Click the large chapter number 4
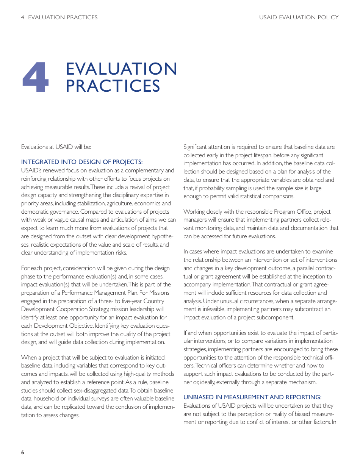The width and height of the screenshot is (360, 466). click(x=36, y=78)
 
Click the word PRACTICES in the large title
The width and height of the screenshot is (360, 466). click(x=113, y=86)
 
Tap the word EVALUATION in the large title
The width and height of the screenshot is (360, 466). click(x=121, y=69)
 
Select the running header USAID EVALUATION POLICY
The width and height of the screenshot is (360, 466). click(x=299, y=17)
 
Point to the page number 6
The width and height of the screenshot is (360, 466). click(x=23, y=452)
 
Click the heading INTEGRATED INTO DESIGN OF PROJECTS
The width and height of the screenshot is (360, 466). click(x=81, y=162)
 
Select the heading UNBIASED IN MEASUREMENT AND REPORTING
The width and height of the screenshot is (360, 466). click(x=252, y=397)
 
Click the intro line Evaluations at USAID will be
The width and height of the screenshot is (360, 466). click(x=56, y=147)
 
